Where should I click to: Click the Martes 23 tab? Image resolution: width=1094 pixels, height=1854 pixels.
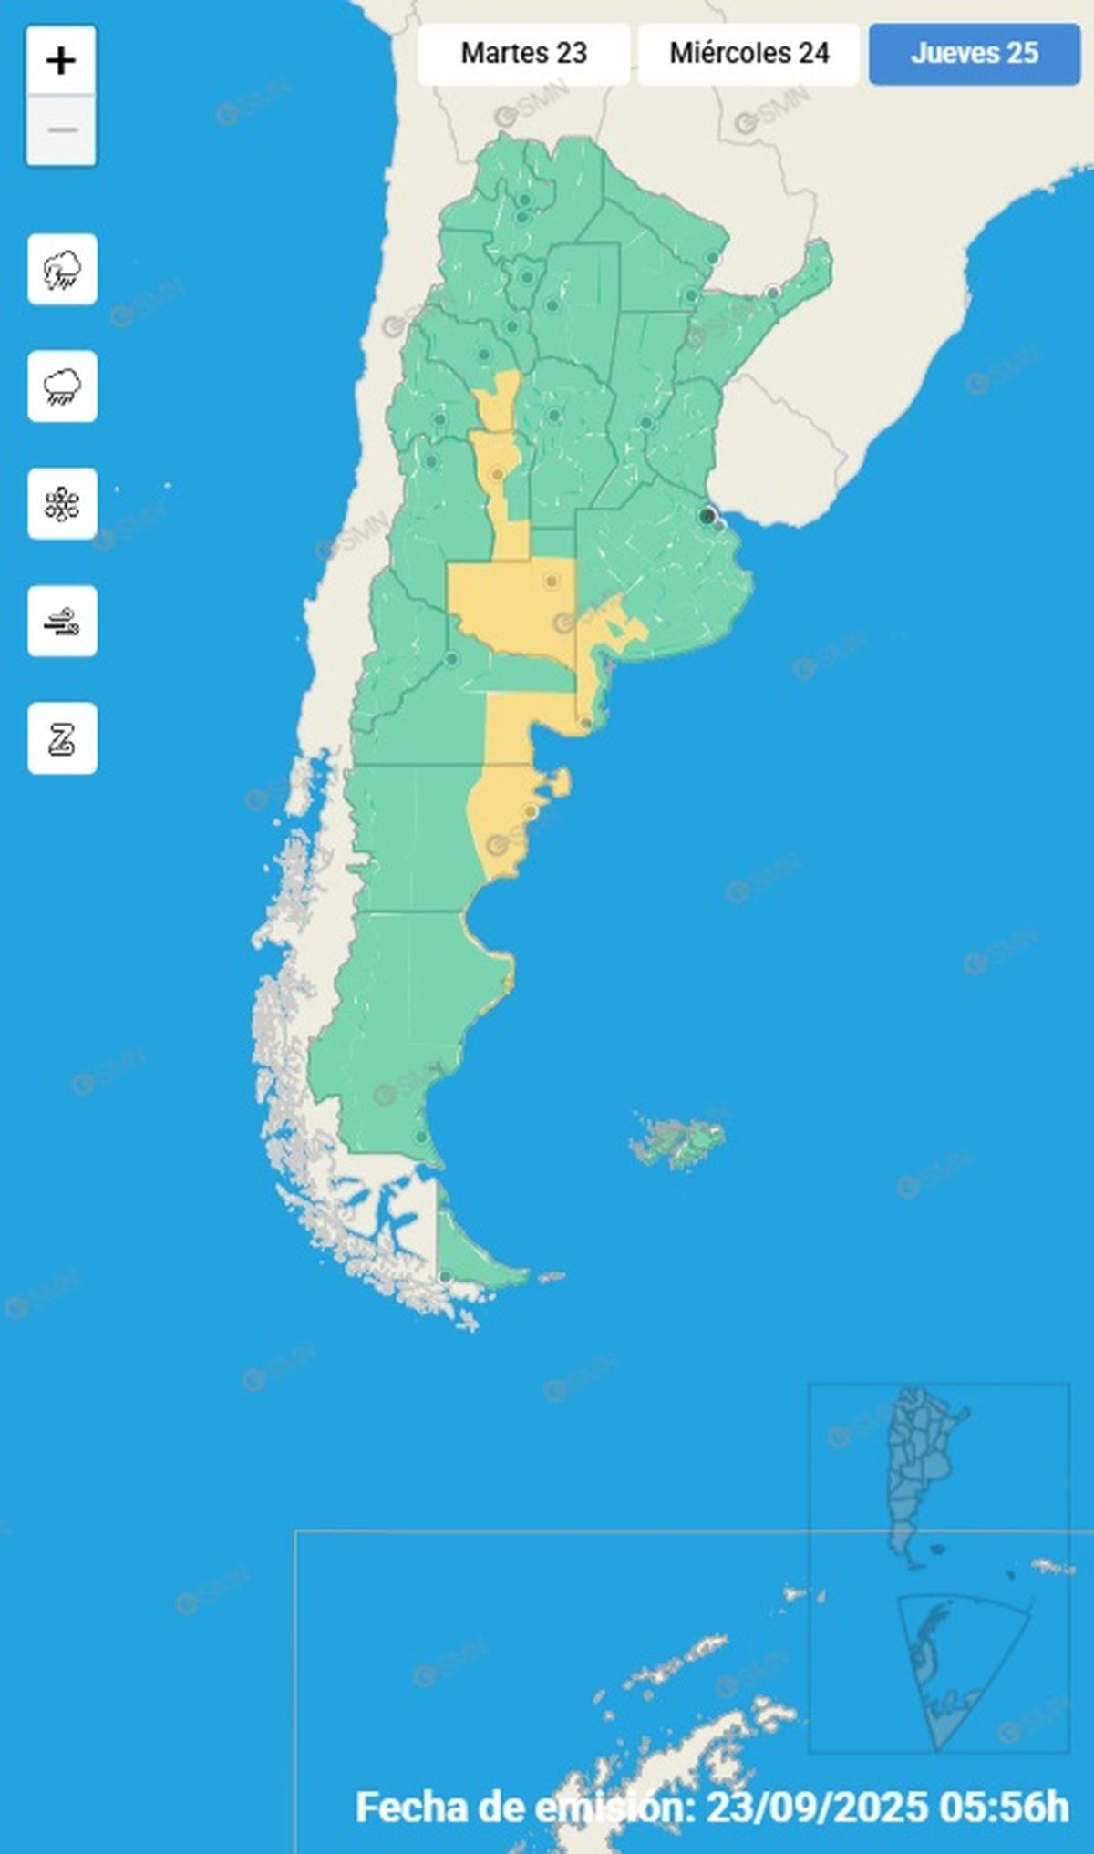coord(523,54)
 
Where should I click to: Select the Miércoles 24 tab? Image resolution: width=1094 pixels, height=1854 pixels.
coord(748,54)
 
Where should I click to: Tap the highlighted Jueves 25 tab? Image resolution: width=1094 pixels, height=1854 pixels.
coord(974,54)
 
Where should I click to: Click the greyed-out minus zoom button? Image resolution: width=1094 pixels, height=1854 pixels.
coord(61,130)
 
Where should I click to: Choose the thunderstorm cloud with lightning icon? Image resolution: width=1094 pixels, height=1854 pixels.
coord(62,269)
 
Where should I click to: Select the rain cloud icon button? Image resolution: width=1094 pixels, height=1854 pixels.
coord(62,386)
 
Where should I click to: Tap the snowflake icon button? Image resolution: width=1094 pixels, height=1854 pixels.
coord(62,504)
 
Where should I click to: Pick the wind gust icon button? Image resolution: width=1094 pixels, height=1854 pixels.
coord(62,622)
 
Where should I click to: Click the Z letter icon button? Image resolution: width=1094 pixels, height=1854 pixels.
coord(62,738)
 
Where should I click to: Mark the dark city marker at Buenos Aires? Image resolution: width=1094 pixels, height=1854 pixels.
coord(707,516)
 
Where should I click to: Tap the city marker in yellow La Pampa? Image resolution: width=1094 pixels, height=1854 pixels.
coord(551,581)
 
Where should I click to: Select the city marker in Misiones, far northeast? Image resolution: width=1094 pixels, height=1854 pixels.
coord(773,293)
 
